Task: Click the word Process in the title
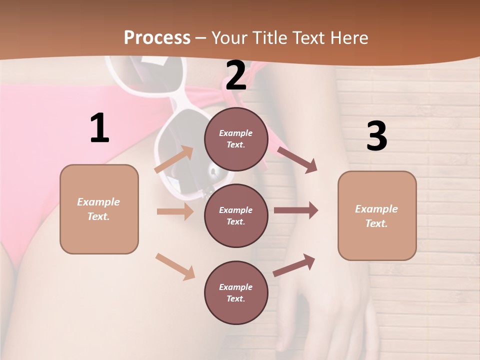(157, 38)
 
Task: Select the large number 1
(99, 128)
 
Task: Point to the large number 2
(236, 75)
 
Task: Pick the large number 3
(376, 136)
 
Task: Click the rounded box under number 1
(99, 209)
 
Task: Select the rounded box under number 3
(377, 216)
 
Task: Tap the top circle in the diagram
(236, 139)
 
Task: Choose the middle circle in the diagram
(236, 215)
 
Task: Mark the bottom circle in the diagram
(236, 292)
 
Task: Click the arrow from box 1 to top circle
(174, 159)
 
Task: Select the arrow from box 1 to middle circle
(175, 211)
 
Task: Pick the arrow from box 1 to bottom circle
(175, 266)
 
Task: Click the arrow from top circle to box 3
(297, 160)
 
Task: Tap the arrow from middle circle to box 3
(296, 210)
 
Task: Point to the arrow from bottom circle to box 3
(294, 265)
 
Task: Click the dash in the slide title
(201, 38)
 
